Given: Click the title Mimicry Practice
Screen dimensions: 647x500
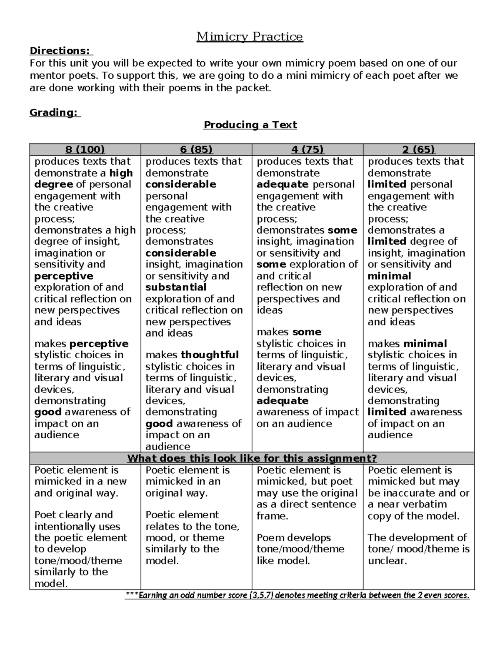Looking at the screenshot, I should [250, 37].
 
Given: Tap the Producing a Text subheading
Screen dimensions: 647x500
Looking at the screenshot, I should [250, 125].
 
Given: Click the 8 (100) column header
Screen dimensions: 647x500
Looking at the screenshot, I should [85, 150].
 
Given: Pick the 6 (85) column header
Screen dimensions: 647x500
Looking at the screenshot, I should [196, 150].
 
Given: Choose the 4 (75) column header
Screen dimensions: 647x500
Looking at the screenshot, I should [307, 150].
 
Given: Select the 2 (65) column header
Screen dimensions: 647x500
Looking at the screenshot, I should [419, 150].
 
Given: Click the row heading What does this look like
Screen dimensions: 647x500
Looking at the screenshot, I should [252, 459].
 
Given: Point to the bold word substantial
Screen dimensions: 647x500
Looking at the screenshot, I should [176, 287].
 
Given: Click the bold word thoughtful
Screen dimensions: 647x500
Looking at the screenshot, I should [210, 355].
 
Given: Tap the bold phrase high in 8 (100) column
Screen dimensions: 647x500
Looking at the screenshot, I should [121, 173].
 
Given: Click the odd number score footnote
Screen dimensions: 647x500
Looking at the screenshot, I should [297, 595].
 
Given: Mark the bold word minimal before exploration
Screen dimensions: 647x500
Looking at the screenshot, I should [389, 276].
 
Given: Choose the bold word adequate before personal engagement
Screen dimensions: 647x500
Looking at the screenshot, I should [282, 185].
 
